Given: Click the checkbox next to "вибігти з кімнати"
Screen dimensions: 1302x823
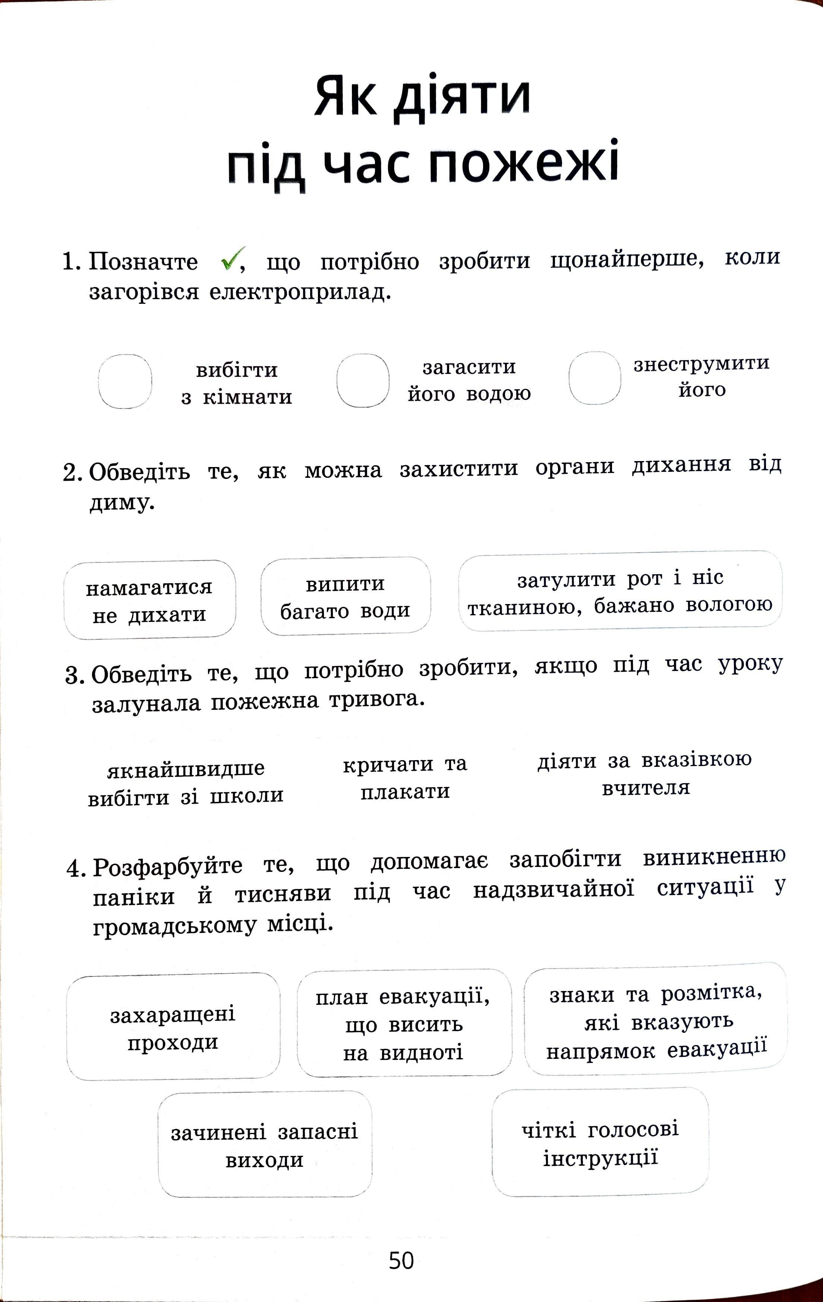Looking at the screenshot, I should point(125,381).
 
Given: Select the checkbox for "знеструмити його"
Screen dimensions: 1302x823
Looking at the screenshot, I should point(595,378).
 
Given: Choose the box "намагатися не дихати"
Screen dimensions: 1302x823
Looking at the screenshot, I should point(149,600).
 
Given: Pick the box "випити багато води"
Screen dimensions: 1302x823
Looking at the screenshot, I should point(345,596).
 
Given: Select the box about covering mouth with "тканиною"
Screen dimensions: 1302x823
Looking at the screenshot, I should point(620,591).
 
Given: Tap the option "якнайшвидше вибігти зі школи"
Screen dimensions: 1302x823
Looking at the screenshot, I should point(186,782).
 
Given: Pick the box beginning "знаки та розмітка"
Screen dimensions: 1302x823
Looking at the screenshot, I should point(656,1022).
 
